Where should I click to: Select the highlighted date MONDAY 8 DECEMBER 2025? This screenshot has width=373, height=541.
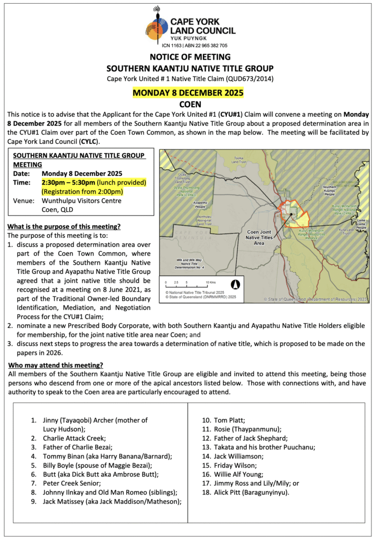point(188,93)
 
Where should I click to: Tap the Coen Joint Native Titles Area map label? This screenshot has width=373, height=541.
point(259,238)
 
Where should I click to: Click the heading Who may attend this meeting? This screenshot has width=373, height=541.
point(56,366)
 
